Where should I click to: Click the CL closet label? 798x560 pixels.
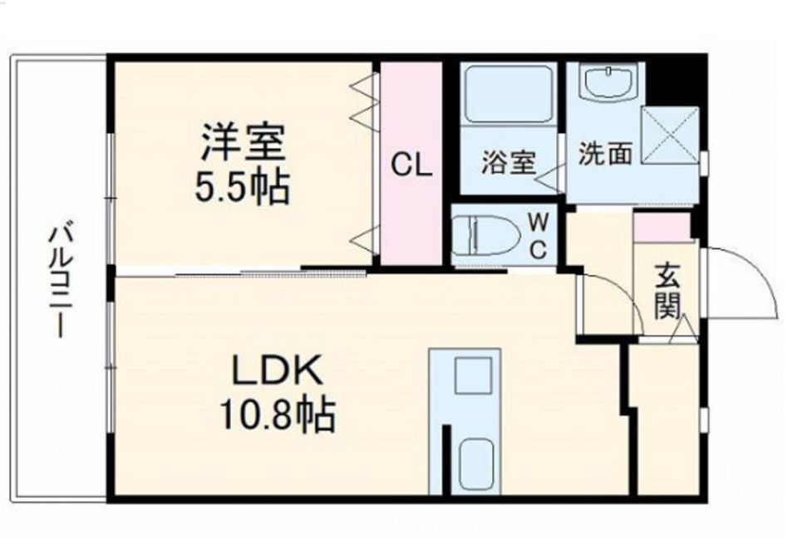tap(412, 166)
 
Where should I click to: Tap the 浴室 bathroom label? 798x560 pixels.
tap(508, 164)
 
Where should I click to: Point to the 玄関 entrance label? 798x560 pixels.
tap(667, 290)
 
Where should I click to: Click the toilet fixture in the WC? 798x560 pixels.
tap(487, 234)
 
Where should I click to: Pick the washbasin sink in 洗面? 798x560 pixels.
tap(607, 84)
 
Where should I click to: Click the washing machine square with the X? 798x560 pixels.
tap(670, 135)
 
